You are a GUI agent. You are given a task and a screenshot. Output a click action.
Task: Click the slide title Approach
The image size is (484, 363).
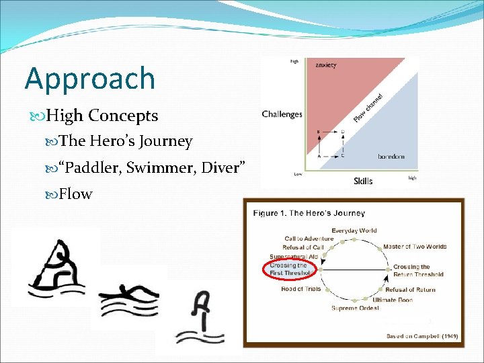[x=90, y=79]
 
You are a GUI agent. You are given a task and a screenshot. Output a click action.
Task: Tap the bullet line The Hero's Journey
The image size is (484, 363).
[x=126, y=141]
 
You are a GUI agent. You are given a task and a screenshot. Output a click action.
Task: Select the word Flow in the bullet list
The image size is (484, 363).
[x=75, y=194]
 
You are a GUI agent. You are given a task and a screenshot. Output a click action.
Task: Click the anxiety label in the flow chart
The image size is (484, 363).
[x=326, y=65]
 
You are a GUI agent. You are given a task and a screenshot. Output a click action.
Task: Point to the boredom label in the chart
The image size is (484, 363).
[x=391, y=157]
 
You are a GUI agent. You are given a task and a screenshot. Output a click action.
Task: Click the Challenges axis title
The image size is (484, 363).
[x=282, y=114]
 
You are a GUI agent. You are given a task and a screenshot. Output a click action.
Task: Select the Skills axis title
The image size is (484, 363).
[x=363, y=181]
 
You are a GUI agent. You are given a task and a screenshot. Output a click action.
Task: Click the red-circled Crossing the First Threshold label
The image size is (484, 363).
[x=290, y=269]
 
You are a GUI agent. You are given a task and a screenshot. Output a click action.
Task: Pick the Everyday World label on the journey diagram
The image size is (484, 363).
[x=354, y=231]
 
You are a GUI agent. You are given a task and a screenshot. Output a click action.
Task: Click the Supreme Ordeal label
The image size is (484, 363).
[x=355, y=308]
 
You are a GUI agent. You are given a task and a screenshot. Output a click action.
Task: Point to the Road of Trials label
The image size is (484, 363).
[x=301, y=289]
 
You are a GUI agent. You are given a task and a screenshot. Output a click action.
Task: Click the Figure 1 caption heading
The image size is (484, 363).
[x=309, y=213]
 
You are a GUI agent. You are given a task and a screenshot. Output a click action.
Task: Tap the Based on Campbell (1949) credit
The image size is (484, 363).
[x=421, y=335]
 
